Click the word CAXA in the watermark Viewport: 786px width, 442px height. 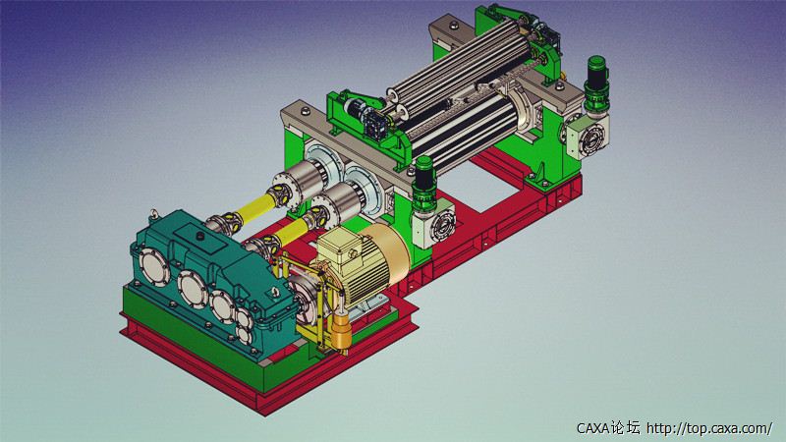click(x=593, y=428)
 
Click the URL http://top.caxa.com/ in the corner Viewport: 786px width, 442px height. click(x=709, y=428)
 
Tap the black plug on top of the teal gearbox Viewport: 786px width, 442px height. click(x=200, y=236)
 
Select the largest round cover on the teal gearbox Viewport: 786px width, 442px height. click(x=194, y=289)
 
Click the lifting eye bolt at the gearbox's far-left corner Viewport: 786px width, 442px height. click(x=154, y=215)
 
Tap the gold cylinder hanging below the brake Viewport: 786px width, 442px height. click(x=340, y=332)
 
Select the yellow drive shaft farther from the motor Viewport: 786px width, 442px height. click(x=254, y=206)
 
